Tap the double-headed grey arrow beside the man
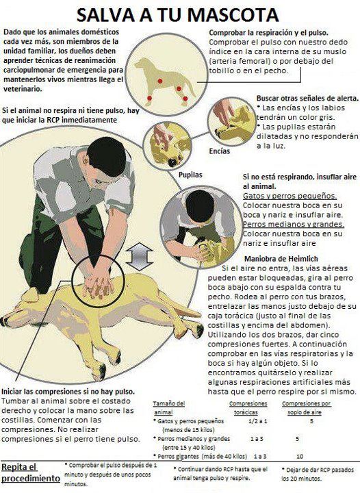point(139,257)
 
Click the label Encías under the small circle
point(220,151)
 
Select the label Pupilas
point(190,175)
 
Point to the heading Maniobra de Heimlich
point(281,259)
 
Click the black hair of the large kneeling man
point(107,155)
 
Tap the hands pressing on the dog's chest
point(98,286)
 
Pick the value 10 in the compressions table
point(300,456)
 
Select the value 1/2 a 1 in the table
point(257,421)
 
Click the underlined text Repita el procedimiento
point(31,473)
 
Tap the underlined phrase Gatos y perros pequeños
point(290,196)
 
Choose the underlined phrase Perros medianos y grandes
point(294,224)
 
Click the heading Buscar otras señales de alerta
point(307,99)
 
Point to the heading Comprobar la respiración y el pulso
point(268,33)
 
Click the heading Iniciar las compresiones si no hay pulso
point(68,392)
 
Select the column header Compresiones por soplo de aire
point(306,408)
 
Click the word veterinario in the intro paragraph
point(23,89)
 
